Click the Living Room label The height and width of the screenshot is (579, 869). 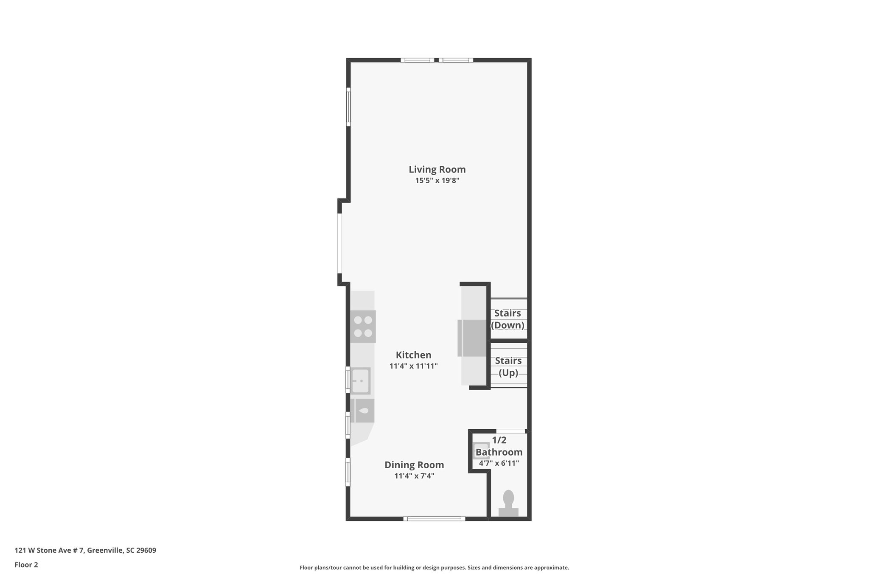(437, 170)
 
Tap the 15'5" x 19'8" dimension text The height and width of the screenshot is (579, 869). (437, 181)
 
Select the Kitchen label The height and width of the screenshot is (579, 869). (413, 355)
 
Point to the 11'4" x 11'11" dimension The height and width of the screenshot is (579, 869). (413, 366)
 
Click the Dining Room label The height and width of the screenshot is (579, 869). (414, 465)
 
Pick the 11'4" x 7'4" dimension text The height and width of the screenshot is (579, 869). (414, 476)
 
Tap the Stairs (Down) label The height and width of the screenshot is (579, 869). (507, 319)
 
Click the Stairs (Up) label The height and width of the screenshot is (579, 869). (508, 366)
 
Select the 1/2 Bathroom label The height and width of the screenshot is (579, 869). (499, 446)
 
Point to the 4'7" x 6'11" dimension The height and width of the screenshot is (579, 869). (499, 463)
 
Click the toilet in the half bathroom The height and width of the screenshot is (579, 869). (508, 502)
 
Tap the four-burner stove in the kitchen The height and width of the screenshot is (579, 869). (363, 327)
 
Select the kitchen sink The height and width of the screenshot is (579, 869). (361, 381)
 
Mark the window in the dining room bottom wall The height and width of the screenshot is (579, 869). (434, 518)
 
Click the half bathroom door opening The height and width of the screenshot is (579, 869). (511, 431)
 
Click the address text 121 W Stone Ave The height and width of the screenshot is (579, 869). (85, 551)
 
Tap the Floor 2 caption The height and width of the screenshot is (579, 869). (26, 565)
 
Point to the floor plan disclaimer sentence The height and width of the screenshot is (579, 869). (434, 568)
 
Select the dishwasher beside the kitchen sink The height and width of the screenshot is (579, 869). (364, 411)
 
